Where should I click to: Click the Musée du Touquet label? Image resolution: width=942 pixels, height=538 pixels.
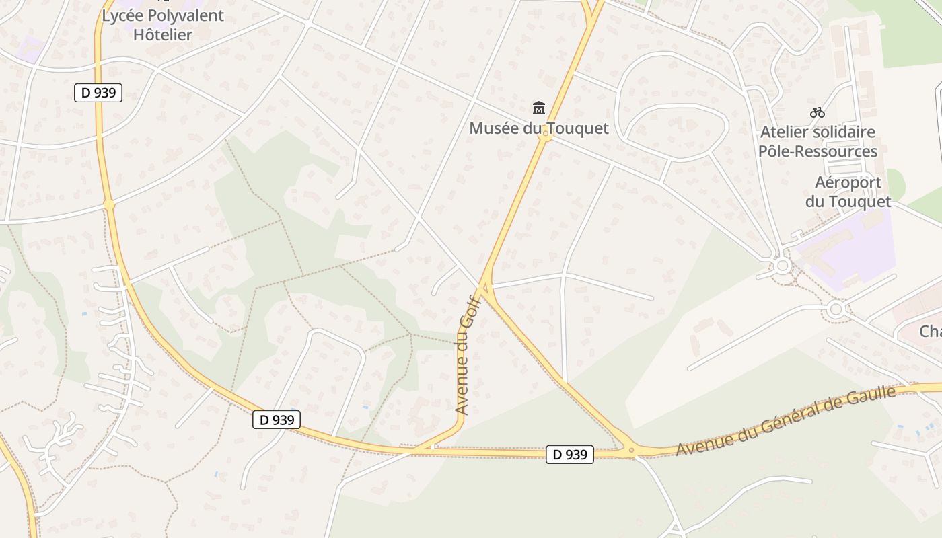538,128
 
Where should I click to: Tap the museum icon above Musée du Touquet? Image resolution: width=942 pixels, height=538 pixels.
538,108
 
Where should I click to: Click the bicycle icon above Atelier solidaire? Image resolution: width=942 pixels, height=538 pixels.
818,112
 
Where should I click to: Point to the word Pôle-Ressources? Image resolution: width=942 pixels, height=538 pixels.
818,151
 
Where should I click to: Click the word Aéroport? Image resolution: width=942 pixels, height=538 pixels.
848,182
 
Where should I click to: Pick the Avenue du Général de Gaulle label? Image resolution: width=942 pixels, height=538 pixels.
786,420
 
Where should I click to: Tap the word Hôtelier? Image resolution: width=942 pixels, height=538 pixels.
163,34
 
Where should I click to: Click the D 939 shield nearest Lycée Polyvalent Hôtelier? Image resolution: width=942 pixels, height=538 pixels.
98,93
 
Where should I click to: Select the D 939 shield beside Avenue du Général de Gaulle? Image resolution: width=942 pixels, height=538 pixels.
569,455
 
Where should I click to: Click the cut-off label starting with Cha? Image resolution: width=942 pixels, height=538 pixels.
930,331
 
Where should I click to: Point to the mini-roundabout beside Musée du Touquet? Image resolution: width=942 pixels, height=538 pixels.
546,136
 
